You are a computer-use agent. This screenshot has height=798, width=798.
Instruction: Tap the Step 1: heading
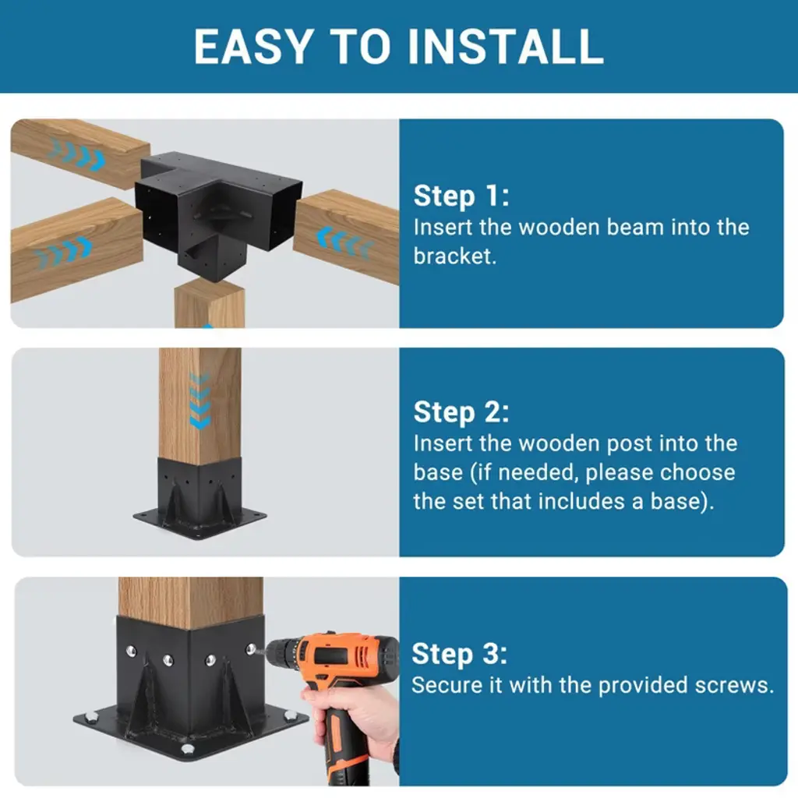coord(461,196)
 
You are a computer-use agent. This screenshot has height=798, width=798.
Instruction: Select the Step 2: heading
coord(461,412)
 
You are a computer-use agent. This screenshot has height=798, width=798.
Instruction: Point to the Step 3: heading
coord(460,654)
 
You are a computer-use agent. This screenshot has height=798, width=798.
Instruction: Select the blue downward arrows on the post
coord(199,401)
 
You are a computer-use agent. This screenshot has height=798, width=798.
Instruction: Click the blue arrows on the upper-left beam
coord(78,154)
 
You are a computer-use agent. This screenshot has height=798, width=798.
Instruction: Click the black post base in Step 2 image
coord(199,498)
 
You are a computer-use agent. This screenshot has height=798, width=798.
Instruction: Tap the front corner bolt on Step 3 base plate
coord(188,748)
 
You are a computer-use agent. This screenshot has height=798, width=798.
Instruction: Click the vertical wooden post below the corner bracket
coord(210,304)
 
